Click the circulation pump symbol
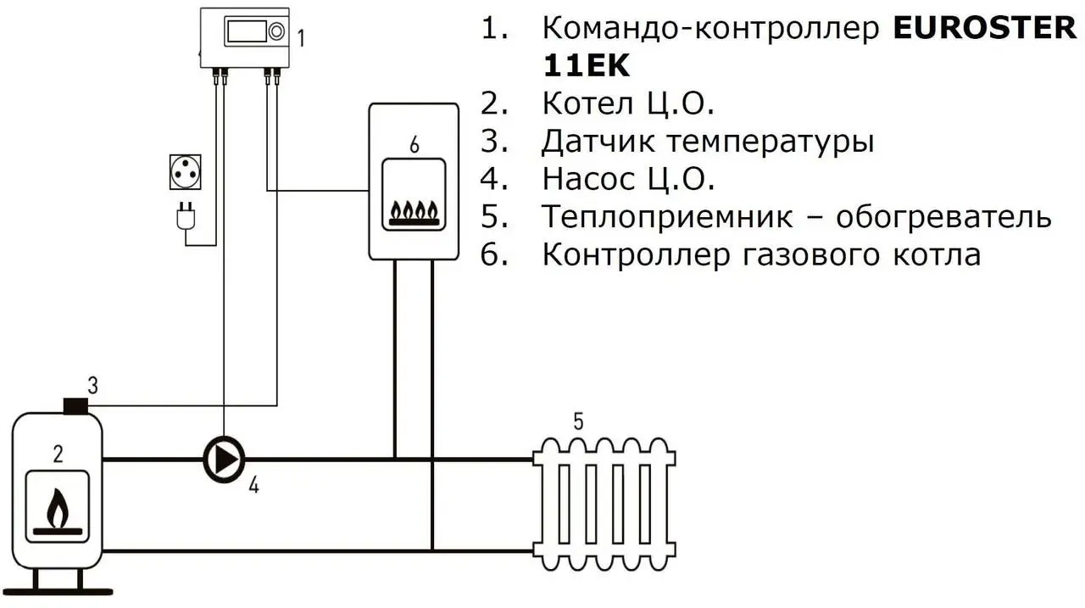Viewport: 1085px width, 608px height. coord(224,459)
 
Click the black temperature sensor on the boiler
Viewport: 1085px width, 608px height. coord(77,406)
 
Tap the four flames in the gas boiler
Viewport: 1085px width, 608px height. coord(414,209)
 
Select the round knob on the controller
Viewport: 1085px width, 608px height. coord(277,32)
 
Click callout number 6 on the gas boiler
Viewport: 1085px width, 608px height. coord(414,145)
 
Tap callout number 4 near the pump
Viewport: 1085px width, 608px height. coord(253,486)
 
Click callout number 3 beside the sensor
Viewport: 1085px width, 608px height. coord(92,386)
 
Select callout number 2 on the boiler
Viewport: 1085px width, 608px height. coord(58,454)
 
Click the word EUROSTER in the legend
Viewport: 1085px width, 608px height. coord(984,28)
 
